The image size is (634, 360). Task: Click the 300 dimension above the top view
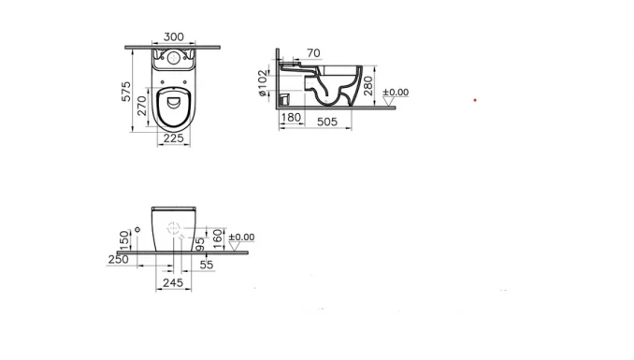point(173,36)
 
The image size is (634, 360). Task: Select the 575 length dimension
point(126,92)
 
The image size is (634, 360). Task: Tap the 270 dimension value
point(142,106)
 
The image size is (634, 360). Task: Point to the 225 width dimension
point(173,138)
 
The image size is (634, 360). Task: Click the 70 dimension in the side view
point(313,53)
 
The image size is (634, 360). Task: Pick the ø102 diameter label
point(263,83)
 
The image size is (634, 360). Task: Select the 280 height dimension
point(368,86)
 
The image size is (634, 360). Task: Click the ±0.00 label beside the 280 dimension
point(396,93)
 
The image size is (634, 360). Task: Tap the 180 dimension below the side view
point(291,117)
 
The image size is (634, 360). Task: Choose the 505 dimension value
point(327,122)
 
